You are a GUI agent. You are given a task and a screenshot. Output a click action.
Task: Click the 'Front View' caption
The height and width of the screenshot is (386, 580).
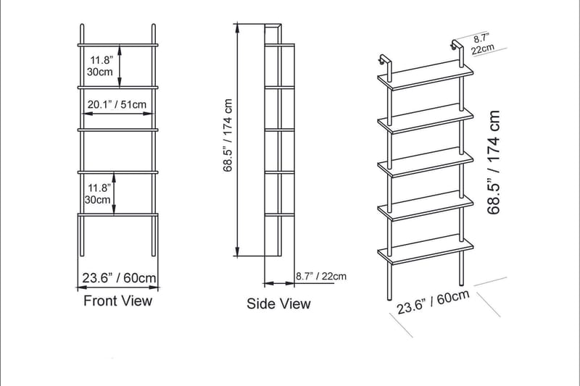click(118, 301)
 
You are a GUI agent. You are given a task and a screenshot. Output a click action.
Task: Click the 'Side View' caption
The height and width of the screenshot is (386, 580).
click(278, 303)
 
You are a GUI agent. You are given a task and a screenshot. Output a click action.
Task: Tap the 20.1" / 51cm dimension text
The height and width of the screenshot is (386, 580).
click(117, 104)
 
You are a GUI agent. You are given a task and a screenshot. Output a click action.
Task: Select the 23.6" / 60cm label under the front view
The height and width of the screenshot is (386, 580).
click(119, 277)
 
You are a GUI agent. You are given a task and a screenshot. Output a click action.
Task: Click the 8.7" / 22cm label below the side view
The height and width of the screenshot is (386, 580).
click(321, 276)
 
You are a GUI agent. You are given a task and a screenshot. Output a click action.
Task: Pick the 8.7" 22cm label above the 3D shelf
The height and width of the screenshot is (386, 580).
click(481, 44)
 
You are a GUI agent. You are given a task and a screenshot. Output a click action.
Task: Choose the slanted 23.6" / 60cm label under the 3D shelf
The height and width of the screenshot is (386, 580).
click(434, 303)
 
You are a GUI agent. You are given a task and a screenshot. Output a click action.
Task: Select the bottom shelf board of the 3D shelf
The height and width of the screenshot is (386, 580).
click(426, 250)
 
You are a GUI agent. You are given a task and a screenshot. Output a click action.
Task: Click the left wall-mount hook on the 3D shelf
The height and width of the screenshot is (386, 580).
click(382, 60)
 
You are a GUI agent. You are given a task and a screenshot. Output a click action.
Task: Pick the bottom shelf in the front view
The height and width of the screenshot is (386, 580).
click(118, 214)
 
